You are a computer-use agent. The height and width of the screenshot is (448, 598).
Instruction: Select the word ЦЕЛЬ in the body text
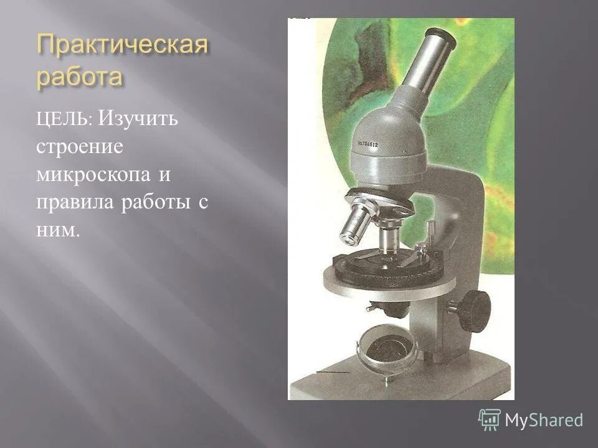coord(64,119)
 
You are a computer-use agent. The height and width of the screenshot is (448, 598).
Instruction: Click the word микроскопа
coord(93,175)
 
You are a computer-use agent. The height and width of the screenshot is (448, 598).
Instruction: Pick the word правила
coord(73,203)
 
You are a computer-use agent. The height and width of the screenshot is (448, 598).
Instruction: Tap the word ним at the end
coord(58,231)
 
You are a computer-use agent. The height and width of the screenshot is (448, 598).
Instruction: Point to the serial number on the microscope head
coord(377,143)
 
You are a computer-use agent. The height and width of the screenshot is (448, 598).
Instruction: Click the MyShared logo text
coord(544,420)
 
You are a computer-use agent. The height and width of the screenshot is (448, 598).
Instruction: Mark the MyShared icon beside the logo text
coord(490,420)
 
